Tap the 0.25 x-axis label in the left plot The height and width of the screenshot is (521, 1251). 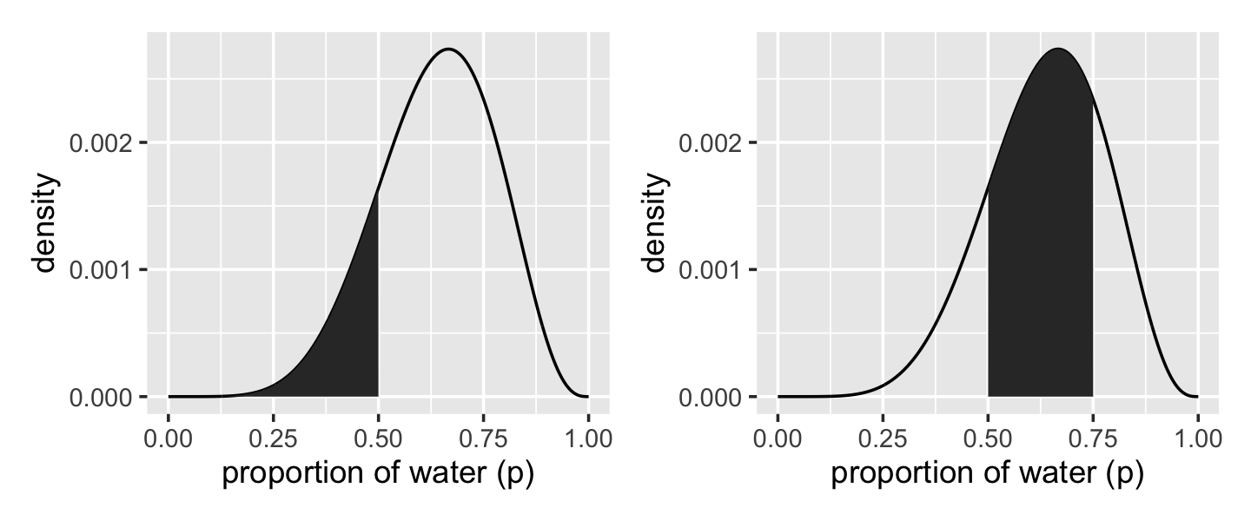274,439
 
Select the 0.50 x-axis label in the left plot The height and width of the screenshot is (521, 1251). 379,439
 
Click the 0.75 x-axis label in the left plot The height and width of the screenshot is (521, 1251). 483,439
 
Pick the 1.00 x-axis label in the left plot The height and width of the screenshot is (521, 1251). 588,439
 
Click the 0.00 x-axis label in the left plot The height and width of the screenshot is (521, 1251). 169,439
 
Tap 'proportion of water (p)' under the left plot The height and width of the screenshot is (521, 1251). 378,475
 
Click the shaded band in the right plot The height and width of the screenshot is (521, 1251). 1040,260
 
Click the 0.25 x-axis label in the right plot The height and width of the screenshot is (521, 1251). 884,439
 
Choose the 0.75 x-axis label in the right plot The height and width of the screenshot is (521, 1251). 1093,439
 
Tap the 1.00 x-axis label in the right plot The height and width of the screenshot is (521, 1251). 1198,439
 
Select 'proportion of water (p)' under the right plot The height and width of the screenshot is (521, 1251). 988,475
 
